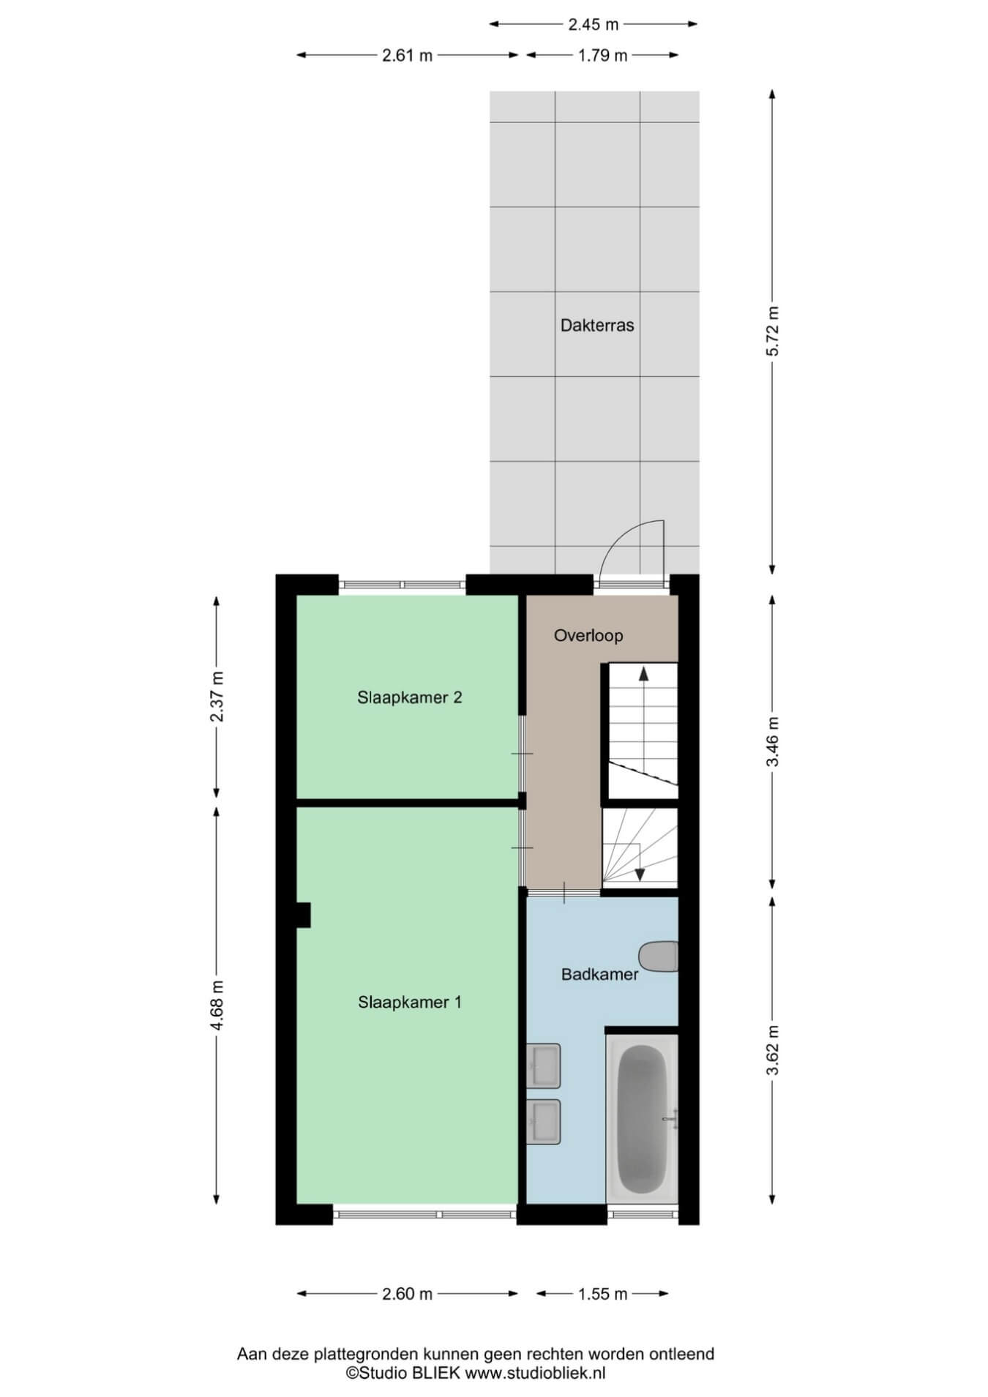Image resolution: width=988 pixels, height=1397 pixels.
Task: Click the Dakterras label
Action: (x=596, y=326)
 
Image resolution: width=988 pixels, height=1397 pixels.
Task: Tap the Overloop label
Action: (x=588, y=635)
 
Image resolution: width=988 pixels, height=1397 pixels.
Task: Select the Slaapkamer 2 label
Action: (x=409, y=697)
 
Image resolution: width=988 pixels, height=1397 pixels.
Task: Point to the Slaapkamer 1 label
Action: (x=409, y=1002)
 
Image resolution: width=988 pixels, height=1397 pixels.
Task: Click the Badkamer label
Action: (x=599, y=974)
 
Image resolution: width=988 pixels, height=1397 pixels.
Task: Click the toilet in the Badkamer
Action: (x=659, y=957)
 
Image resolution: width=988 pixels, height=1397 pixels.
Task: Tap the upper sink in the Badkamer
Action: (x=544, y=1065)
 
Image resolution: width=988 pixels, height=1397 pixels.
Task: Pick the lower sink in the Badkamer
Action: (x=544, y=1122)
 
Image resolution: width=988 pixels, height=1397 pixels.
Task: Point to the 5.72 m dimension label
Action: (x=773, y=332)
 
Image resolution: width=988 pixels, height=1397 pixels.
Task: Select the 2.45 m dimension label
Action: (x=593, y=24)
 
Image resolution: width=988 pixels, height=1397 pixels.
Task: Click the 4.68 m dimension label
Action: (x=217, y=1005)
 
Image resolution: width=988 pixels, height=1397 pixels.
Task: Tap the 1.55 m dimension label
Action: (x=602, y=1294)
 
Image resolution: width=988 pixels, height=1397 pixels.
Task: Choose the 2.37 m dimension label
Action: (x=217, y=696)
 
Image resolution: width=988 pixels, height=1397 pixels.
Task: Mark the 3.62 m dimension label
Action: (x=773, y=1050)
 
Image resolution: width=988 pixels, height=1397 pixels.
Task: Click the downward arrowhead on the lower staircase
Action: (x=639, y=874)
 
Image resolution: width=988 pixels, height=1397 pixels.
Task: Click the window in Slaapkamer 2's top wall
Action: (x=402, y=585)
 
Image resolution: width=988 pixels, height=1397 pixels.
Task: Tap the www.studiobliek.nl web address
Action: (x=535, y=1373)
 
